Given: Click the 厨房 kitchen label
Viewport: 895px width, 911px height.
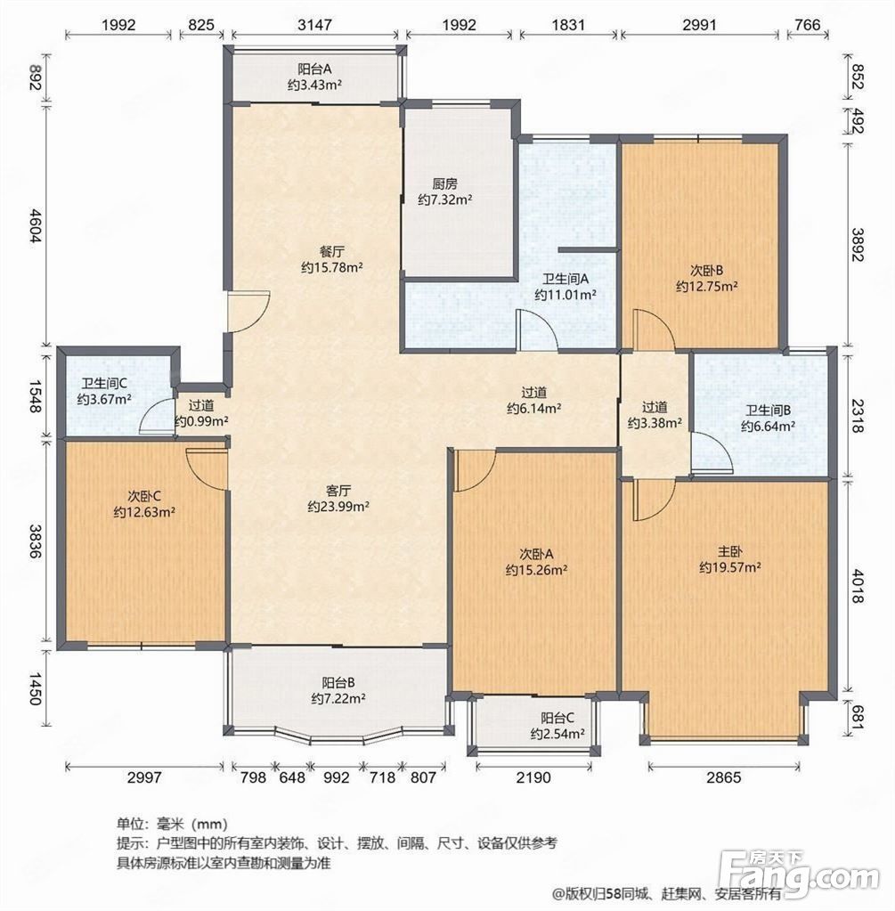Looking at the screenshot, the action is [x=444, y=184].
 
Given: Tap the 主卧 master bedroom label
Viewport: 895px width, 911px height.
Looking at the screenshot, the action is [x=729, y=551].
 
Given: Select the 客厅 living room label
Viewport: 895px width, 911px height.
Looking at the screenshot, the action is [x=338, y=491].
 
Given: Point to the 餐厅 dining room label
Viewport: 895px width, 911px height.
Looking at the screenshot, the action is [x=332, y=251].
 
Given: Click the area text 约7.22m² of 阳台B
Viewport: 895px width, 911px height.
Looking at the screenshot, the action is [x=338, y=698].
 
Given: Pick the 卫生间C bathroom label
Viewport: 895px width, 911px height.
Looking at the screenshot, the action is [x=104, y=384].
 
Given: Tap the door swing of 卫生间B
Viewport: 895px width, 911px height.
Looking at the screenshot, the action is [x=712, y=452].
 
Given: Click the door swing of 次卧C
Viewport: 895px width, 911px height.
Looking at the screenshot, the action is [x=206, y=468].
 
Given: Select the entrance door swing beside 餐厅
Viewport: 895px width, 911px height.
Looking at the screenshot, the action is [x=248, y=312].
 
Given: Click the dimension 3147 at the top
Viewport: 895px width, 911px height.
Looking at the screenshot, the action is [x=314, y=25].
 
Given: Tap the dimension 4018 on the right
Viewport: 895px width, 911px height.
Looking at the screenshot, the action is [x=858, y=587].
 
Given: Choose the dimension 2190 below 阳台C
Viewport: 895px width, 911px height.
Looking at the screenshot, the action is [x=533, y=777].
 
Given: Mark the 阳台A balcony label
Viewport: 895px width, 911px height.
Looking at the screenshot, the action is [x=314, y=69].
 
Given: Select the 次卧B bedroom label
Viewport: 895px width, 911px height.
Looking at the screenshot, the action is [x=707, y=270].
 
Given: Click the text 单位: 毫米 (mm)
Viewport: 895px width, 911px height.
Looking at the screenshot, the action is [x=172, y=823].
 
